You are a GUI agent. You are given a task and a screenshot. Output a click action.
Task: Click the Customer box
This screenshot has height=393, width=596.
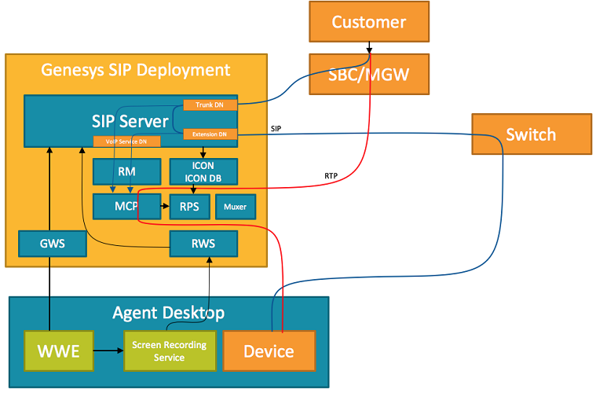pyautogui.click(x=369, y=21)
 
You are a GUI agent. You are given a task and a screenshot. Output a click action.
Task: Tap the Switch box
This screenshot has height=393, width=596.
pyautogui.click(x=531, y=134)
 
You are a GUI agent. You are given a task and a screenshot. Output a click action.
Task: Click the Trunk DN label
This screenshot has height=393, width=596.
pyautogui.click(x=210, y=105)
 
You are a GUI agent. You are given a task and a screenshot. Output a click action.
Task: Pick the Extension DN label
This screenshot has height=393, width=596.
pyautogui.click(x=210, y=134)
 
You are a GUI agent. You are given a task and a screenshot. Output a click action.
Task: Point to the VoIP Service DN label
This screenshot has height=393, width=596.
pyautogui.click(x=127, y=141)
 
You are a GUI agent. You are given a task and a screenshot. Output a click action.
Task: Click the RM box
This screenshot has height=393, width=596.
pyautogui.click(x=126, y=171)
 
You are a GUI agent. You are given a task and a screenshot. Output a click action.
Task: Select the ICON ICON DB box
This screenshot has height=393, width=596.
pyautogui.click(x=203, y=171)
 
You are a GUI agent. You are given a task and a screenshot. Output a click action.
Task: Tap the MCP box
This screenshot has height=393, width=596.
pyautogui.click(x=126, y=207)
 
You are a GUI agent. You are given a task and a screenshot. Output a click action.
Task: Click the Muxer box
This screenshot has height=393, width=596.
pyautogui.click(x=235, y=207)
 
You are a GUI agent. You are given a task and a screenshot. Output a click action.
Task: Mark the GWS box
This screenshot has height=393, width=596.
pyautogui.click(x=53, y=244)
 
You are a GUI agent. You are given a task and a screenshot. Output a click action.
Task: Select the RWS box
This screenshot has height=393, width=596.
pyautogui.click(x=203, y=244)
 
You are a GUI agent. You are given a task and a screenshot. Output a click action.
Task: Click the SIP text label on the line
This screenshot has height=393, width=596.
pyautogui.click(x=276, y=128)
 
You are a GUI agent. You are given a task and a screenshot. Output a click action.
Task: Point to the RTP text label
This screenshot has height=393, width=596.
pyautogui.click(x=331, y=176)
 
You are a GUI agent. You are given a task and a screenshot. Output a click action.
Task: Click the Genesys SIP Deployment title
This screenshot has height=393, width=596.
pyautogui.click(x=136, y=69)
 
